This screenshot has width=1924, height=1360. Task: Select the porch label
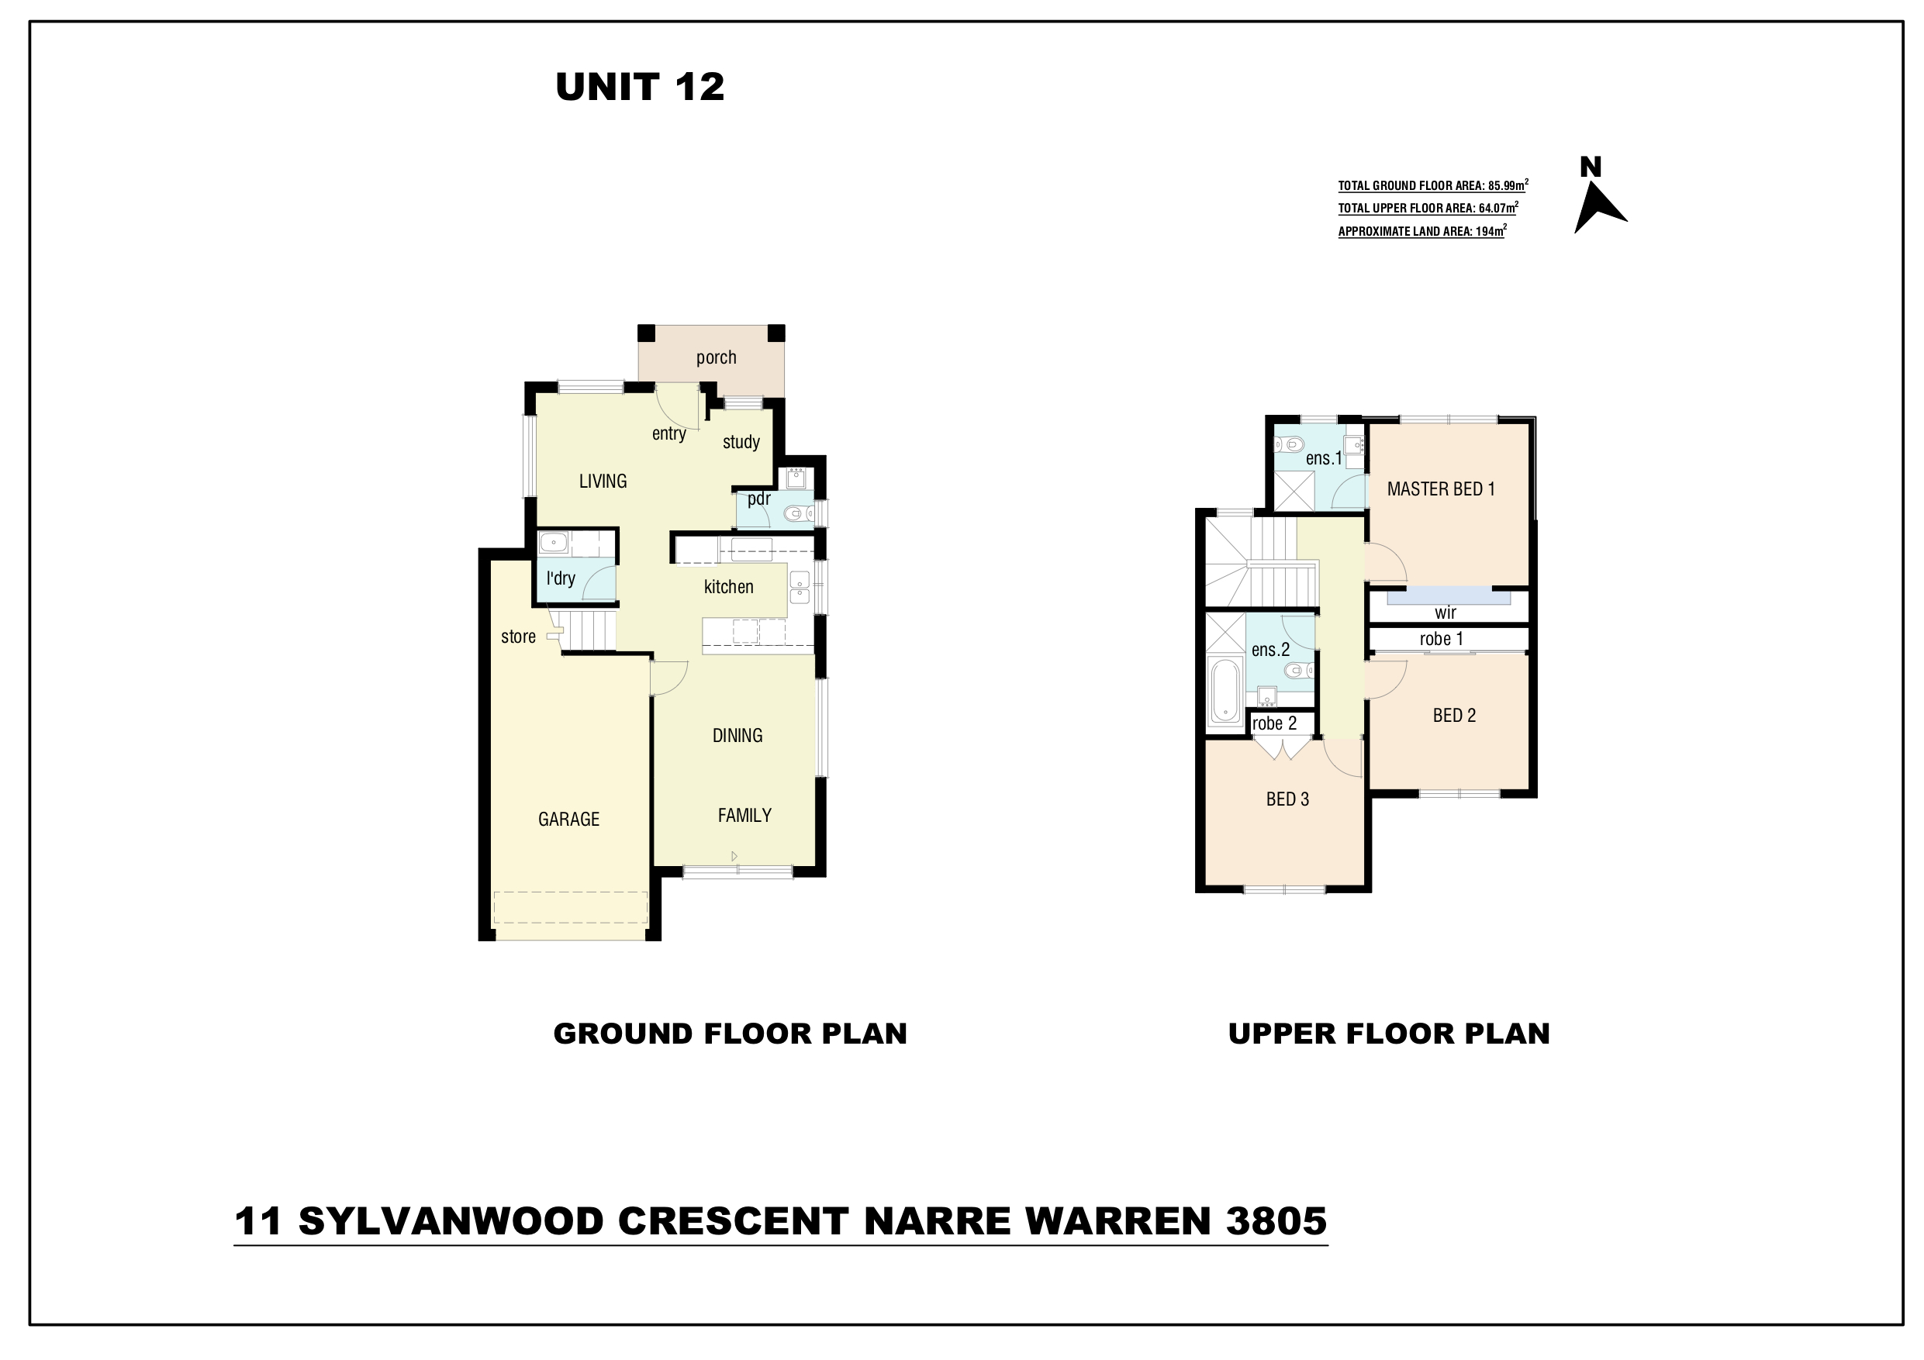click(x=717, y=357)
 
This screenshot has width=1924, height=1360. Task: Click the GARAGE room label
click(x=569, y=820)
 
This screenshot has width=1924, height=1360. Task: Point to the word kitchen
click(x=728, y=587)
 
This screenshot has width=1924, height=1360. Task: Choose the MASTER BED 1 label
click(x=1441, y=488)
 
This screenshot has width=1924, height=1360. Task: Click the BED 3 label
click(x=1287, y=799)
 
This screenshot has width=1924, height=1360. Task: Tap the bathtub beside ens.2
click(x=1225, y=692)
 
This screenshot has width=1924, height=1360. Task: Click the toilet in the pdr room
click(x=798, y=513)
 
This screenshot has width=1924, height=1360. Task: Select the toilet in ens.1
click(x=1290, y=444)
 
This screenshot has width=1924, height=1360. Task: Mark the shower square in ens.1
click(x=1294, y=490)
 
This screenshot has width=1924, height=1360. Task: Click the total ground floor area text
click(x=1433, y=185)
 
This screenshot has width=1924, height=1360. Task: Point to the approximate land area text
click(x=1422, y=230)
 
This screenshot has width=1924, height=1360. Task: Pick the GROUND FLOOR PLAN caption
click(x=730, y=1034)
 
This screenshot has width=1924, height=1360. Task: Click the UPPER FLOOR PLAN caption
click(x=1389, y=1034)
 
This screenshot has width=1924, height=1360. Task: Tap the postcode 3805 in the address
click(x=1276, y=1221)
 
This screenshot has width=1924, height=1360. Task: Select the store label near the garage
click(x=518, y=637)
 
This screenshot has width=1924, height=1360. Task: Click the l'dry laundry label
click(x=561, y=578)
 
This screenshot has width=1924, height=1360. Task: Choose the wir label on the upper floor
click(x=1446, y=613)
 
